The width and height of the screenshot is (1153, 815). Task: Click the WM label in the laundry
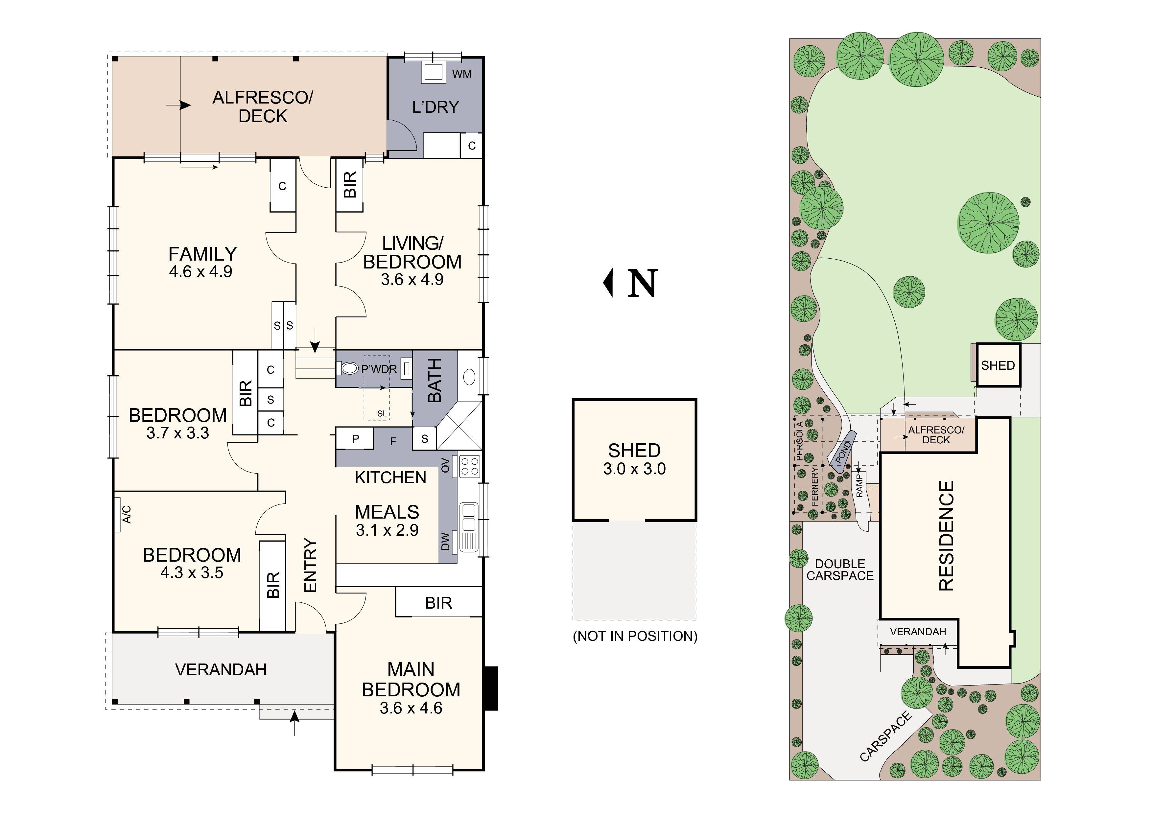pyautogui.click(x=461, y=74)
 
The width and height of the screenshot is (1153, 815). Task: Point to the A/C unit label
pyautogui.click(x=127, y=514)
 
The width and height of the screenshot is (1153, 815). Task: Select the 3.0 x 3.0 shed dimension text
pyautogui.click(x=634, y=469)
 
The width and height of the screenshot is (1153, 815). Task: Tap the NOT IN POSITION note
pyautogui.click(x=635, y=636)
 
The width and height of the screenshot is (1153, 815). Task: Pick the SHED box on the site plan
pyautogui.click(x=998, y=365)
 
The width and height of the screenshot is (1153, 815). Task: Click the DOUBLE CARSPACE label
pyautogui.click(x=840, y=570)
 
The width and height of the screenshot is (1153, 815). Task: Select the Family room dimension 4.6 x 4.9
pyautogui.click(x=200, y=272)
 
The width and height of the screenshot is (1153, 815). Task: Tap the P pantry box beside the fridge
pyautogui.click(x=355, y=438)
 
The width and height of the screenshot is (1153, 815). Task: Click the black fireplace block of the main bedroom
pyautogui.click(x=491, y=688)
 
